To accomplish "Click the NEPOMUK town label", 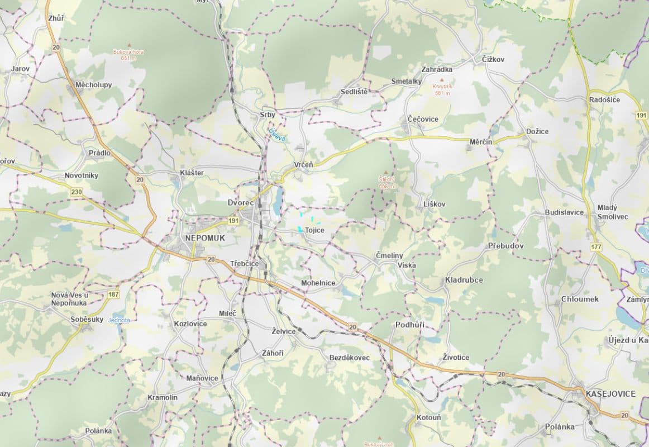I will tap(204, 238).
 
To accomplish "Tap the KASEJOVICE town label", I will tap(610, 394).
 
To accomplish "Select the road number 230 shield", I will tap(77, 192).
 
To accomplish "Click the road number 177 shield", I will tap(596, 246).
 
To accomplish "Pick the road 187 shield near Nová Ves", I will tap(114, 294).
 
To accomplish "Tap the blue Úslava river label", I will tap(277, 135).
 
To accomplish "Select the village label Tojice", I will tap(314, 230).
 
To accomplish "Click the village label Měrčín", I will tap(480, 142).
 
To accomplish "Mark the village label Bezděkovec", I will tap(350, 357).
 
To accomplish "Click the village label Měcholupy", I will tap(93, 85).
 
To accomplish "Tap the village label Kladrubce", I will tap(464, 279).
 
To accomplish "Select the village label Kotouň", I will tap(428, 417).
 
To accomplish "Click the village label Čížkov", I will tap(493, 59).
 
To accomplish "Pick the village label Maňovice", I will tap(202, 378).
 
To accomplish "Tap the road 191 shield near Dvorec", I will tap(233, 221).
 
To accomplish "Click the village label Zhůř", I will tap(56, 18).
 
